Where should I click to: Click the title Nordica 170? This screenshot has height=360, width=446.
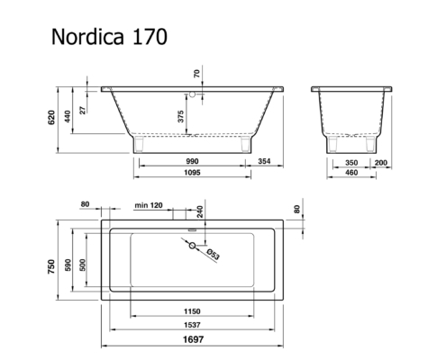pos(109,37)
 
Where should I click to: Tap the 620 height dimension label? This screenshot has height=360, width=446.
pos(51,118)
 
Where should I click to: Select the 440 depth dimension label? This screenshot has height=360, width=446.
pos(68,116)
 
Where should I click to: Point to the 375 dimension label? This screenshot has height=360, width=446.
pos(180,116)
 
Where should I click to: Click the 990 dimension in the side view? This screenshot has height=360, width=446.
pos(192,161)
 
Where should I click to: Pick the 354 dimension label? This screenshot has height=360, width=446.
pos(264,161)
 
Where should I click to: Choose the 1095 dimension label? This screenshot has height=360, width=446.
pos(192,173)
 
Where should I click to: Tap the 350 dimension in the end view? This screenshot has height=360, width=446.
pos(351,163)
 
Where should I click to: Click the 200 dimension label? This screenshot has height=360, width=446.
pos(381,163)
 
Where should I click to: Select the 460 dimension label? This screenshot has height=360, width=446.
pos(351,173)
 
